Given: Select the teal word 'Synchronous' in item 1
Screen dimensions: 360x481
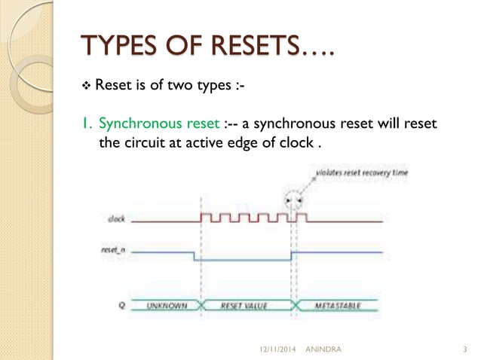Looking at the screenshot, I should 136,123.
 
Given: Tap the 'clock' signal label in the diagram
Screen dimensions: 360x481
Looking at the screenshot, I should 116,219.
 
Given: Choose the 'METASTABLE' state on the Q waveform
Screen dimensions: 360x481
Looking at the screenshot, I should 336,306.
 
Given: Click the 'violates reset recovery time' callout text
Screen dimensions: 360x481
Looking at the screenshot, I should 353,172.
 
